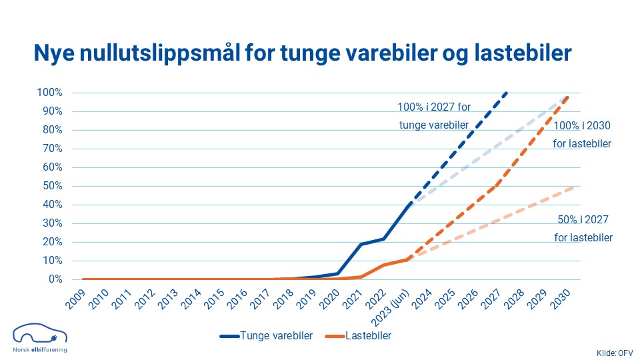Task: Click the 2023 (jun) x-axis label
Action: click(391, 304)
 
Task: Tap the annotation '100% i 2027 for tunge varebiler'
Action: click(433, 115)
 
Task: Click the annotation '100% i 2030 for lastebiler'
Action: click(582, 134)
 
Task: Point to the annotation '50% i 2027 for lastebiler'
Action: click(583, 228)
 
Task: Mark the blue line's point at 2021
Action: click(361, 244)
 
